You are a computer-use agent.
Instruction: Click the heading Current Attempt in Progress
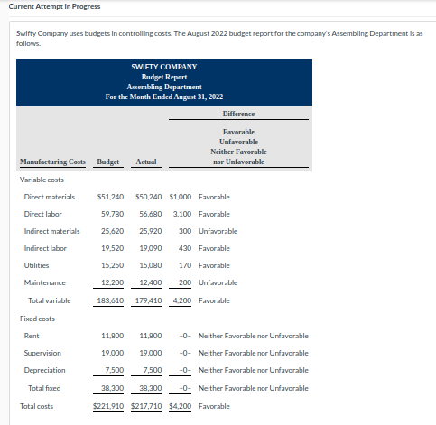(51, 7)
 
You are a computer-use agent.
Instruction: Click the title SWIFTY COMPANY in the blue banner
(163, 67)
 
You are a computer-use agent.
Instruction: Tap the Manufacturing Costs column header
(52, 162)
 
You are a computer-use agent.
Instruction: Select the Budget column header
(108, 162)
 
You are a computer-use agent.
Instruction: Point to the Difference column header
(238, 114)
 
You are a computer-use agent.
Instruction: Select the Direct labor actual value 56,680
(150, 214)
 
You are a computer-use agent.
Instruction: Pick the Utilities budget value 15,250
(112, 265)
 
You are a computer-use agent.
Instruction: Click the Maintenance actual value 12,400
(150, 282)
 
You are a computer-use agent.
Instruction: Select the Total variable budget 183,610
(110, 300)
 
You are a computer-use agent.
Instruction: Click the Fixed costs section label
(38, 319)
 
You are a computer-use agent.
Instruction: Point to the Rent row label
(32, 336)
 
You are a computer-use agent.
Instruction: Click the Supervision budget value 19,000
(112, 353)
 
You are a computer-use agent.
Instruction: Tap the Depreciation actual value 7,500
(152, 370)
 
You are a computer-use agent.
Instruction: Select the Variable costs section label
(41, 180)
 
